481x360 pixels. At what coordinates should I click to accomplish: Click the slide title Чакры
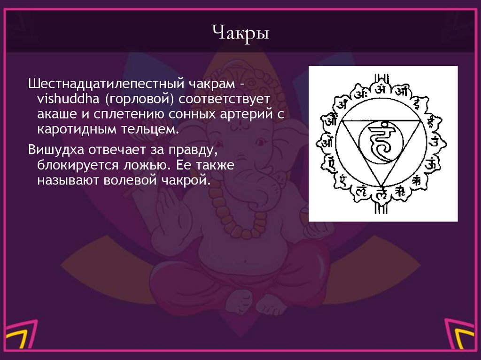(x=240, y=34)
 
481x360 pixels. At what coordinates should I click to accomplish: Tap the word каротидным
(x=75, y=129)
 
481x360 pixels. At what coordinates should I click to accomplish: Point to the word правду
(x=193, y=150)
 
